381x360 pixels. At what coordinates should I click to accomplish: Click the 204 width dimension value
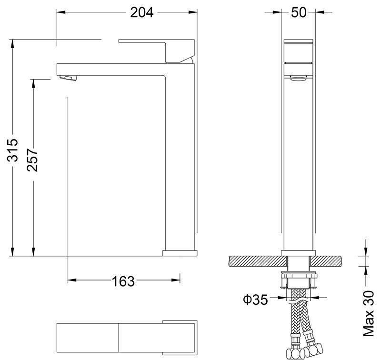pyautogui.click(x=141, y=12)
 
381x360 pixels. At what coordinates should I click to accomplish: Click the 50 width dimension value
pyautogui.click(x=299, y=12)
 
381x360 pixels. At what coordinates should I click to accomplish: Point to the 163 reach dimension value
pyautogui.click(x=123, y=282)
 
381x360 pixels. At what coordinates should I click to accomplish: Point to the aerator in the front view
pyautogui.click(x=299, y=80)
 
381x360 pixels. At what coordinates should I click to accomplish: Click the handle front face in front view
pyautogui.click(x=299, y=52)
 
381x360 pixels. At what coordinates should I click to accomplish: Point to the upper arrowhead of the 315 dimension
pyautogui.click(x=12, y=43)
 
